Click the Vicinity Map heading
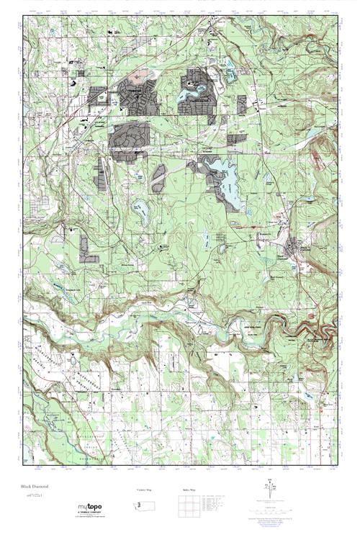(x=145, y=490)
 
